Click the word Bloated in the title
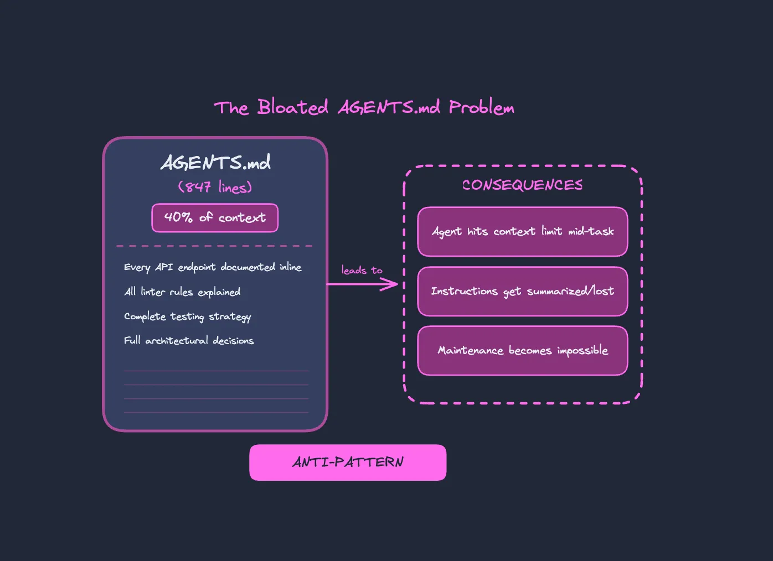[292, 107]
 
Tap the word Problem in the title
[481, 107]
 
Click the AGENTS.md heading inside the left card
[215, 163]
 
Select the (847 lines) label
[215, 187]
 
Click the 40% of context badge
[215, 218]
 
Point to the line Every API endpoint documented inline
[213, 267]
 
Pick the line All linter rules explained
[182, 292]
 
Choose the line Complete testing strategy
[187, 316]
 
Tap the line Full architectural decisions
[189, 341]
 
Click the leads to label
[362, 270]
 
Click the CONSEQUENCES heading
[522, 185]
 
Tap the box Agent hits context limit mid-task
[522, 232]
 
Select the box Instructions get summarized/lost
[522, 291]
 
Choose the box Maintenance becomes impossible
[522, 351]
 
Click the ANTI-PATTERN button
[348, 463]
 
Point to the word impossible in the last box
[583, 351]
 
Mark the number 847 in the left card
[198, 187]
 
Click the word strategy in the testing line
[230, 316]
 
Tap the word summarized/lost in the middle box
[570, 291]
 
